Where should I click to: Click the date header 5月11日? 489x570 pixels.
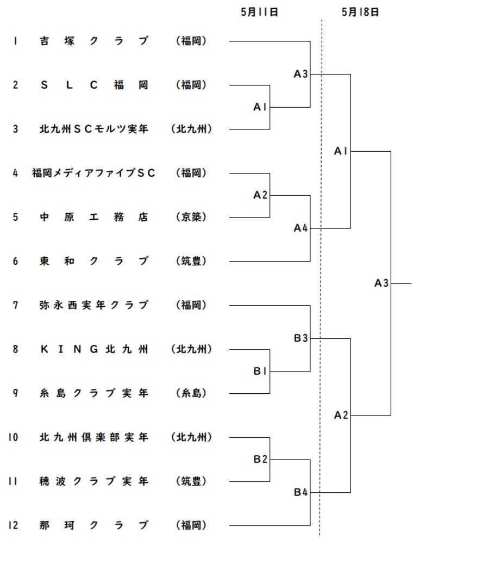tap(259, 12)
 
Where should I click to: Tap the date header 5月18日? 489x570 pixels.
tap(360, 12)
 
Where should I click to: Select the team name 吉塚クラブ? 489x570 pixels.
tap(93, 41)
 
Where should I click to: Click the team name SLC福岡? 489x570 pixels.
tap(93, 85)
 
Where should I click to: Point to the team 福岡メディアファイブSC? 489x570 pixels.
tap(93, 173)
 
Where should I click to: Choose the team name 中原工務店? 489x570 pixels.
tap(93, 217)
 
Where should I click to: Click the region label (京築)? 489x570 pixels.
tap(191, 217)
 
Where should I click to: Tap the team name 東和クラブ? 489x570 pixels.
tap(93, 261)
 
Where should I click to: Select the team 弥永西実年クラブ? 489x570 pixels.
tap(93, 305)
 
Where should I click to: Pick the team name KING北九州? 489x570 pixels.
tap(93, 349)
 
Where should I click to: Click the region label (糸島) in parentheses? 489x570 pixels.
tap(191, 393)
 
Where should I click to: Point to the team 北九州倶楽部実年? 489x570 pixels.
tap(93, 437)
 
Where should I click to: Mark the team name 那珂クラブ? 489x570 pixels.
tap(93, 525)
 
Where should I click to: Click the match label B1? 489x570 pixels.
tap(260, 371)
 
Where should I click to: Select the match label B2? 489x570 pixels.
tap(260, 459)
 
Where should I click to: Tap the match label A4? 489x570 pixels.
tap(300, 228)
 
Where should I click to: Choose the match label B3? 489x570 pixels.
tap(300, 338)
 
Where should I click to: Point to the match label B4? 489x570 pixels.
tap(300, 492)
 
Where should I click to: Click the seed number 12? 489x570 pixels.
tap(13, 525)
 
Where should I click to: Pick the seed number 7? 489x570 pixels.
tap(15, 305)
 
